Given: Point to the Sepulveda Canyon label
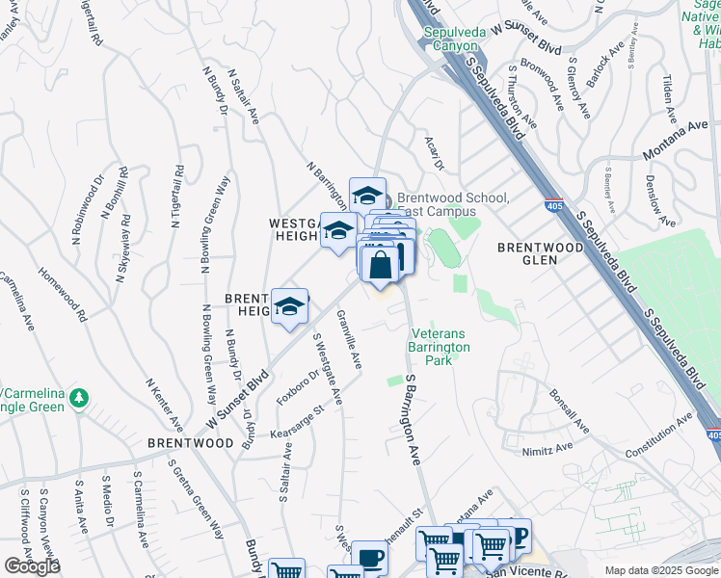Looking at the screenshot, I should [451, 39].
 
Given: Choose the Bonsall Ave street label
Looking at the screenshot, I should [569, 409].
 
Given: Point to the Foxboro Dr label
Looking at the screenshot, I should [297, 387].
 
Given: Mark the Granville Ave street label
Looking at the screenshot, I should [349, 339].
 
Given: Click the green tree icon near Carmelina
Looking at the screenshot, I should [80, 397].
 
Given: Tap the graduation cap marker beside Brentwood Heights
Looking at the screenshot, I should [289, 306].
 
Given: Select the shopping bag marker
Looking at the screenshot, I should [382, 262].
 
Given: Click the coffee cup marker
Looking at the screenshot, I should [369, 558].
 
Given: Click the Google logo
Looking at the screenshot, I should [32, 566].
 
